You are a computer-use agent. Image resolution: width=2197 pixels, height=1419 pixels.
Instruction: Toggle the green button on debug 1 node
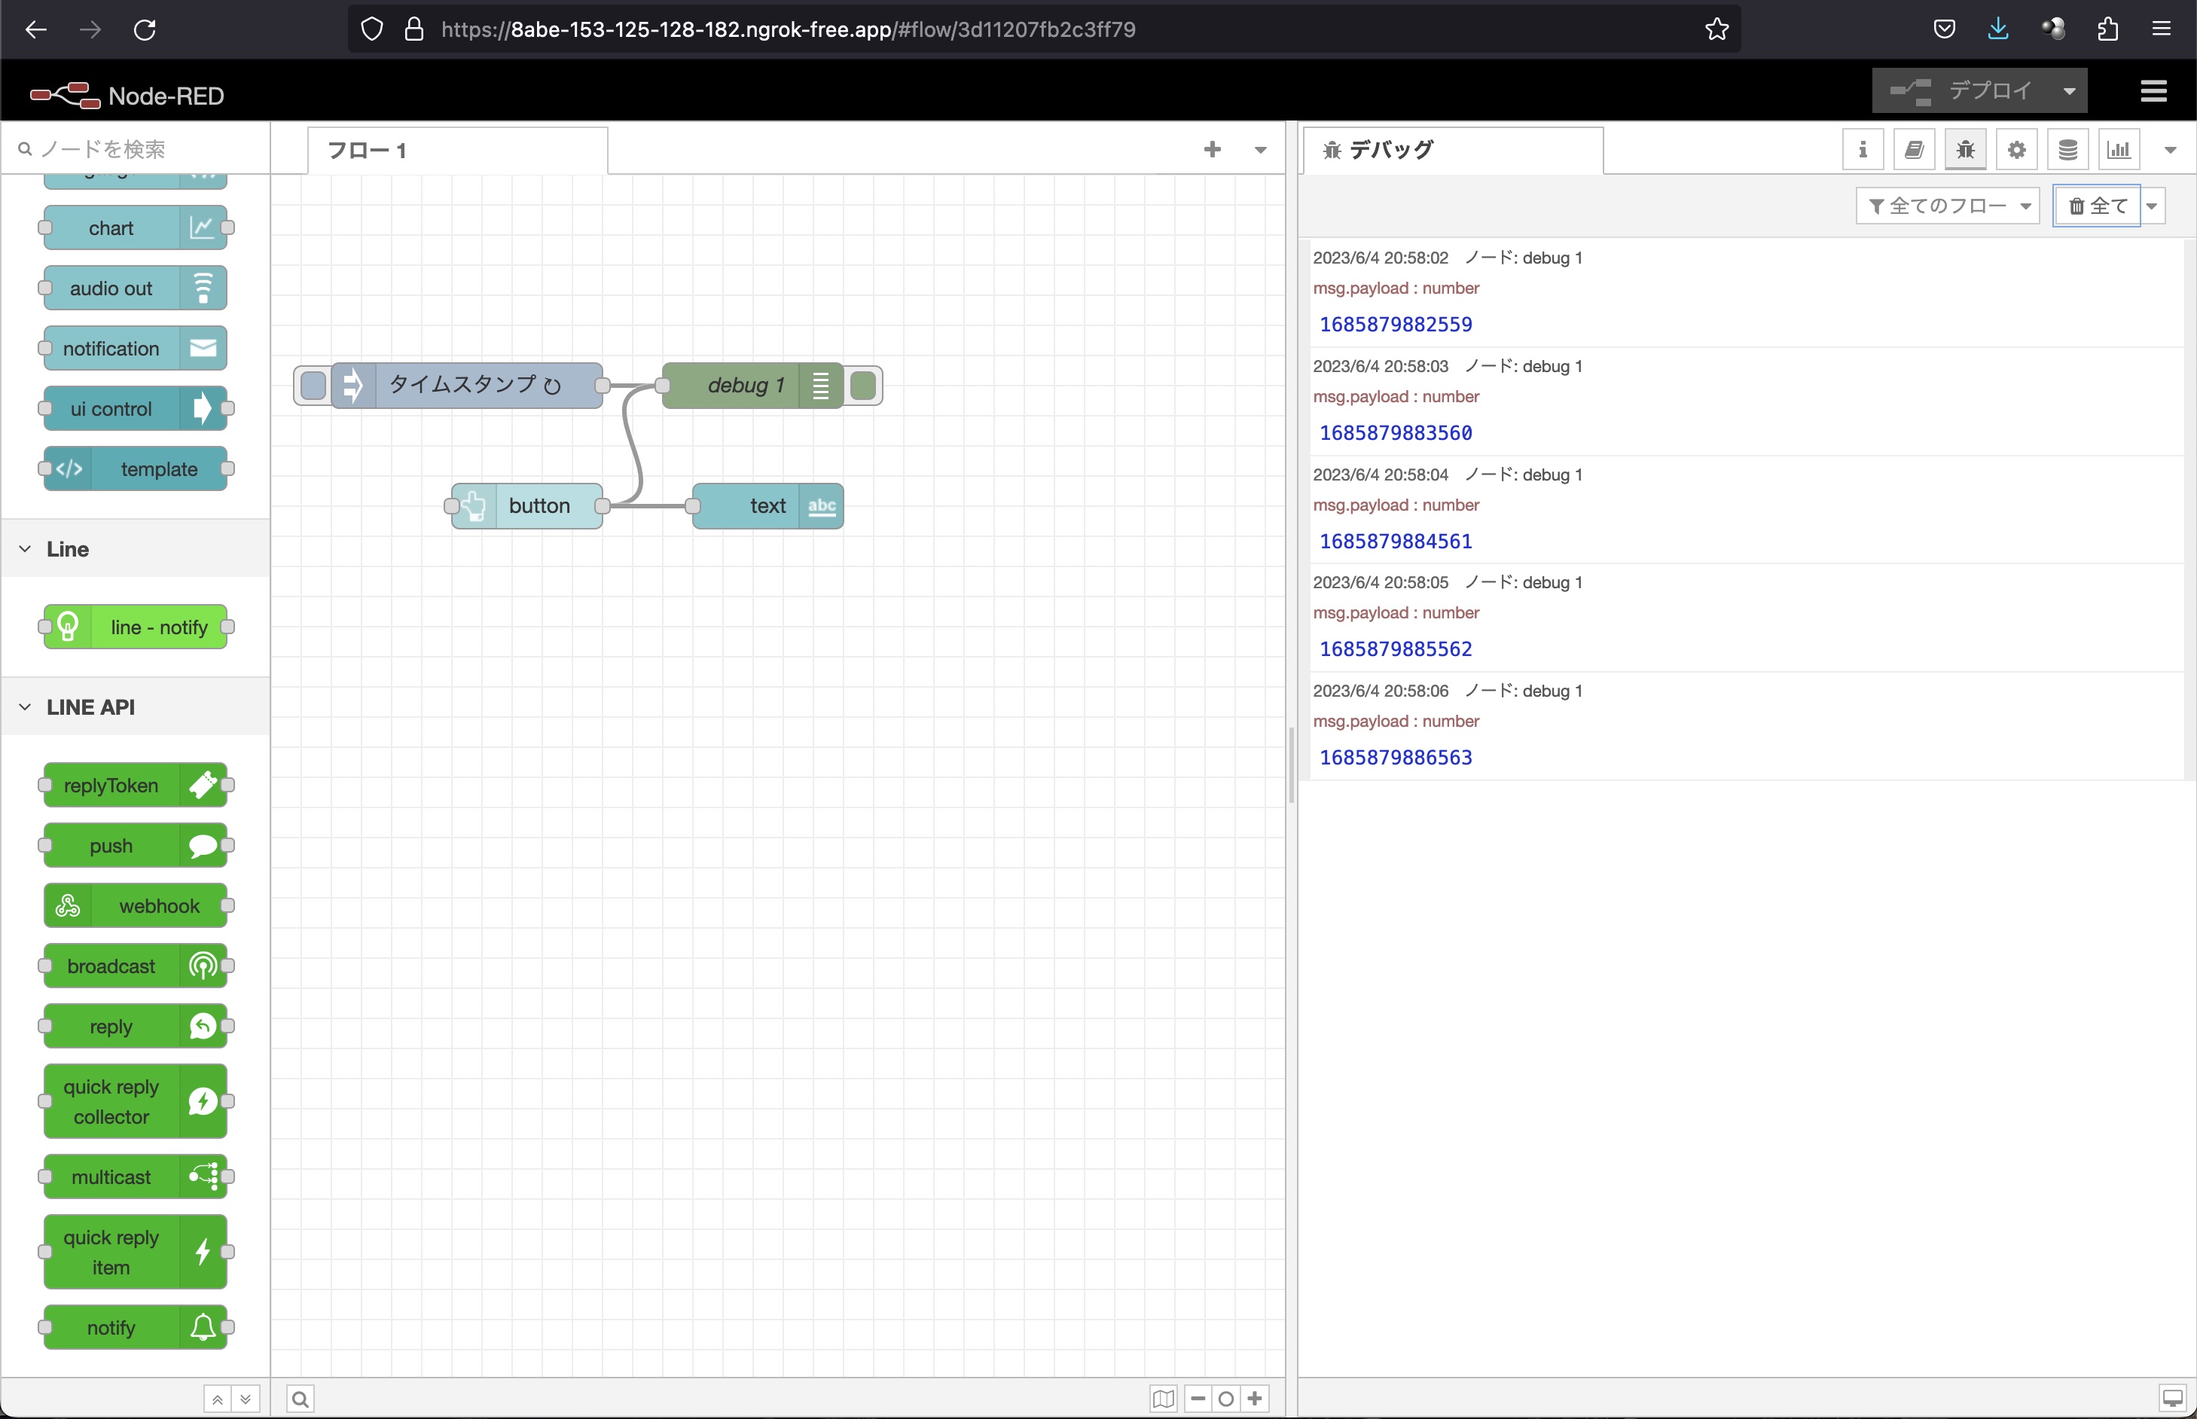tap(863, 385)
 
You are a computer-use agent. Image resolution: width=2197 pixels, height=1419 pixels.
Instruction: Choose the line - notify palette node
tap(136, 627)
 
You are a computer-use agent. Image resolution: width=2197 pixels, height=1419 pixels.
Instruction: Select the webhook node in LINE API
tap(136, 907)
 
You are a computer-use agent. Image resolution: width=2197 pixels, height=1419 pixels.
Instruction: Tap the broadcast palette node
tap(136, 966)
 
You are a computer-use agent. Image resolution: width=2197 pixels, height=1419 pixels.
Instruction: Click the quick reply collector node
tap(136, 1102)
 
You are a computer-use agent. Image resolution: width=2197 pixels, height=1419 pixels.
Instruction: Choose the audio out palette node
tap(136, 288)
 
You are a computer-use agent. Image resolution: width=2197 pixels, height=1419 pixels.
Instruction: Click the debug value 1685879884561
tap(1396, 542)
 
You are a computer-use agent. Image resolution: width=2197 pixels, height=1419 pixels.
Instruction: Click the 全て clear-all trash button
tap(2098, 206)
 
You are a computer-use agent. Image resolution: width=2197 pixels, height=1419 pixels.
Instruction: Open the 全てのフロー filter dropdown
tap(1948, 206)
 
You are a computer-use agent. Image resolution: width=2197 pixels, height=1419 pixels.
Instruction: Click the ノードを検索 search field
tap(138, 149)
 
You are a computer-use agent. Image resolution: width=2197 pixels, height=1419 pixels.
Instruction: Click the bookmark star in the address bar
tap(1717, 29)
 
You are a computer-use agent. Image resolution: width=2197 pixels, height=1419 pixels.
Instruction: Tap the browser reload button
tap(145, 29)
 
